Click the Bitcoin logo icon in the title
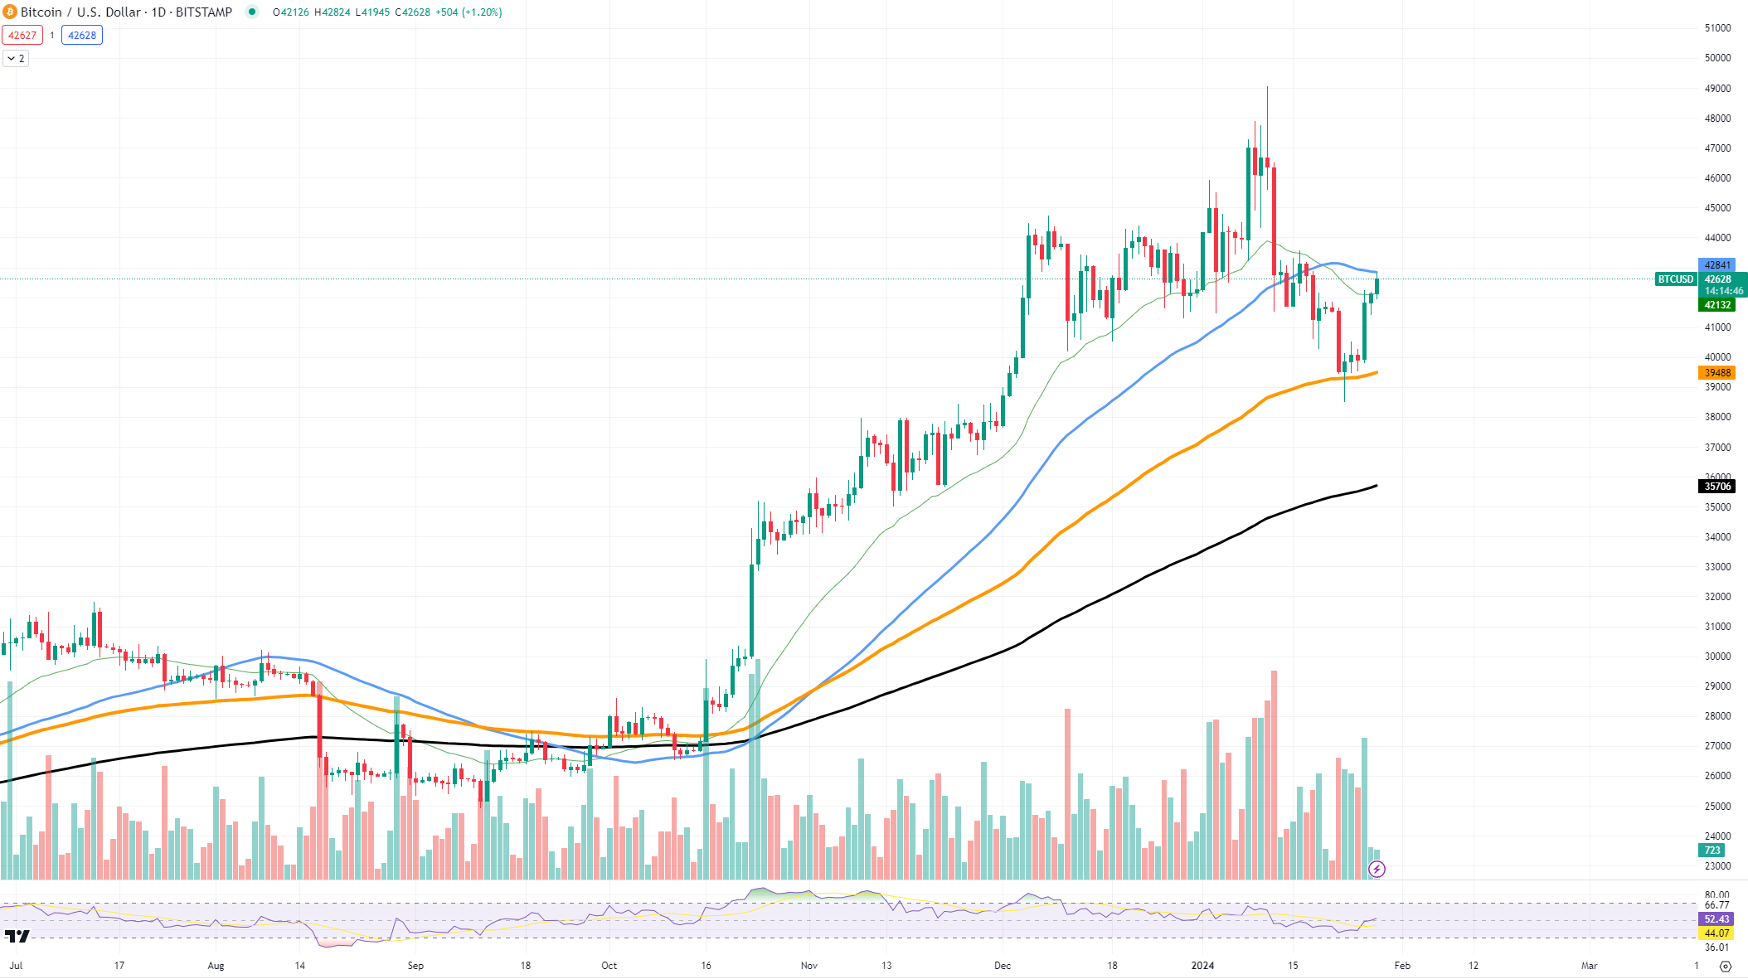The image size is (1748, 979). click(10, 12)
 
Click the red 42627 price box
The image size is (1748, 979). click(22, 36)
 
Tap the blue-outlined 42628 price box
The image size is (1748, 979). click(82, 36)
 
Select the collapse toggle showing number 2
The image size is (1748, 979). click(16, 59)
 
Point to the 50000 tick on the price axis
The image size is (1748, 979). click(1717, 58)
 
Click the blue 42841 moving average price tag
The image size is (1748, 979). click(1716, 265)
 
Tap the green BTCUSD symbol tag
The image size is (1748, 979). click(1675, 279)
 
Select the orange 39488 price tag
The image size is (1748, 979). click(1716, 373)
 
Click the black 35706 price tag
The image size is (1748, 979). click(1716, 487)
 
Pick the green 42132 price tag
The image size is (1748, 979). click(1716, 305)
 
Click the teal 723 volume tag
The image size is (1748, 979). click(1712, 851)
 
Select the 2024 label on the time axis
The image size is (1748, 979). click(1202, 966)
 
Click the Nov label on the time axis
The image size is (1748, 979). click(809, 966)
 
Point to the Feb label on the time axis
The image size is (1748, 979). click(1402, 966)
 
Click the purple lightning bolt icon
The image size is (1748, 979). click(1377, 869)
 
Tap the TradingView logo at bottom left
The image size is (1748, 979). click(17, 937)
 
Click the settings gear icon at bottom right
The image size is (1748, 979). click(1726, 967)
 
